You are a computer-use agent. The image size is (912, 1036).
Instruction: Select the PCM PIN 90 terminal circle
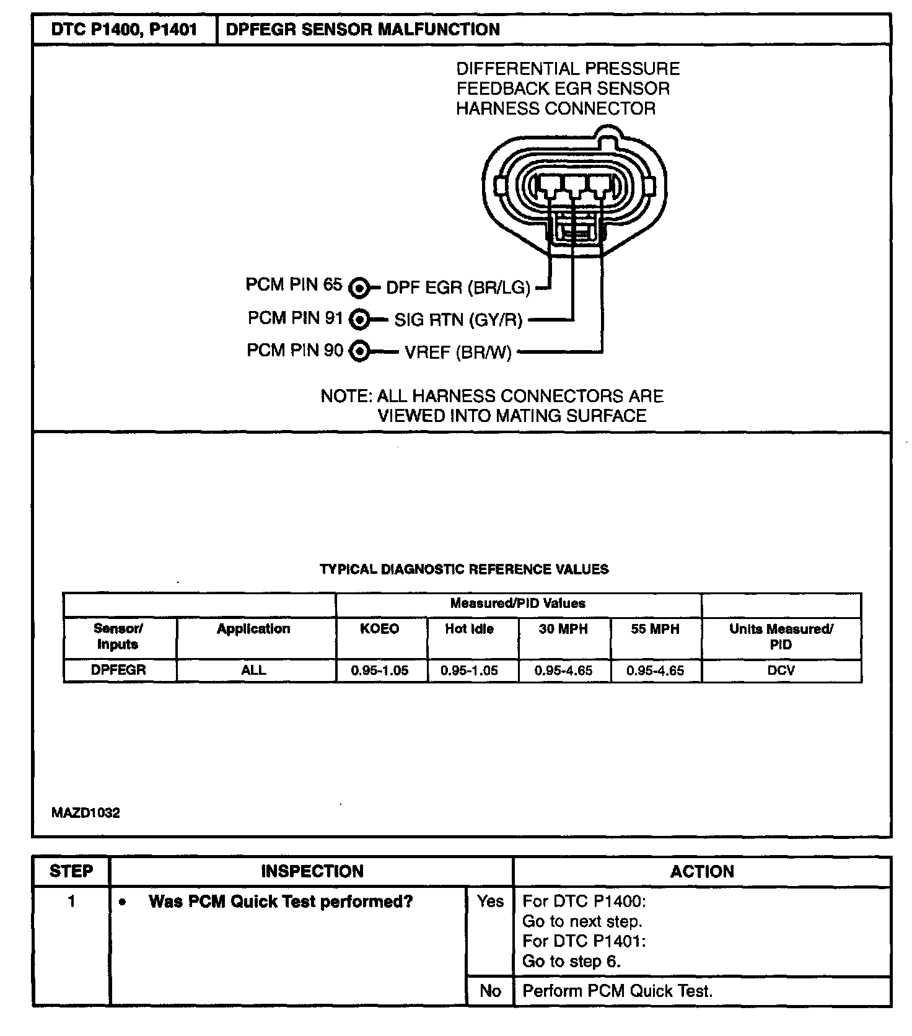359,352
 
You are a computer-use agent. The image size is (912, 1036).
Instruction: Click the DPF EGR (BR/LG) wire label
458,288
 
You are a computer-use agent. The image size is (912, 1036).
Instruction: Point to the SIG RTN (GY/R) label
458,320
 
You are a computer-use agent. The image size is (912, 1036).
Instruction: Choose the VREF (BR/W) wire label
458,353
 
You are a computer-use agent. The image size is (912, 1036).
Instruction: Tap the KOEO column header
380,629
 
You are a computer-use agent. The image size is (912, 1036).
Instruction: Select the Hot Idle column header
469,629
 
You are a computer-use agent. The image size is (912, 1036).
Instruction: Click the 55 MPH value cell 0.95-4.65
655,670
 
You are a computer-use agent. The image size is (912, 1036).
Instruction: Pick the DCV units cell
781,670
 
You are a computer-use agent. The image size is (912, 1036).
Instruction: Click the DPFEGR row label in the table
118,670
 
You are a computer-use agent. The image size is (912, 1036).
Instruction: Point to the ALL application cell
253,670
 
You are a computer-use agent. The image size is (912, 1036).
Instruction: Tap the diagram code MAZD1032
85,813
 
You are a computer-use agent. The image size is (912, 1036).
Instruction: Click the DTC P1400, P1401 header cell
124,30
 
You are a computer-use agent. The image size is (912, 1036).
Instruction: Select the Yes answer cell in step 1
490,902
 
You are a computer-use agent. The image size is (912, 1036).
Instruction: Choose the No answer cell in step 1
490,991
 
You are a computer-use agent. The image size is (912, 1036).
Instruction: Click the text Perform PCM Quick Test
617,991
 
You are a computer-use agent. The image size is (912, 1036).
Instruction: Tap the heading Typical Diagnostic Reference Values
464,569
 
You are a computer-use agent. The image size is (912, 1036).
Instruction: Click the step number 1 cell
71,902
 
